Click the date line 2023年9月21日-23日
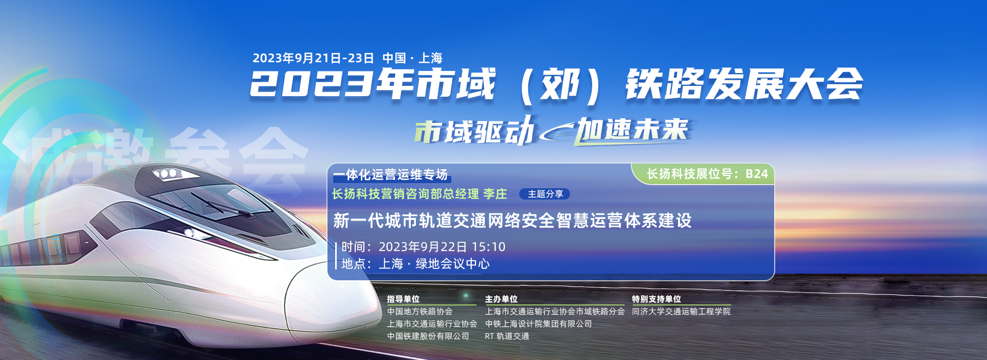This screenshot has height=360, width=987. click(x=313, y=58)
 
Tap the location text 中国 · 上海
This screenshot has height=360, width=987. click(x=412, y=58)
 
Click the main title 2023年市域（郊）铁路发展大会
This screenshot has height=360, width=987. click(x=556, y=85)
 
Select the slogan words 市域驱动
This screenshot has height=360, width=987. click(x=474, y=131)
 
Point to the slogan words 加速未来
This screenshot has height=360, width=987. click(x=632, y=129)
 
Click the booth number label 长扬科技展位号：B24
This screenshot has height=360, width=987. click(x=707, y=174)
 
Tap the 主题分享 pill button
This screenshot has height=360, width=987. click(x=545, y=194)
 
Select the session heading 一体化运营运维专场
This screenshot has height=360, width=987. click(x=390, y=175)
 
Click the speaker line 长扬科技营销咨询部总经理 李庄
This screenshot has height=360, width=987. click(x=419, y=194)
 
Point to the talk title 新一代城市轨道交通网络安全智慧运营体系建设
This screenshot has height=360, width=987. click(x=512, y=221)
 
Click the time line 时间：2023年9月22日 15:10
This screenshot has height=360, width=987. click(x=424, y=247)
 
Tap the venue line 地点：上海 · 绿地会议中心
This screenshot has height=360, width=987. click(x=415, y=264)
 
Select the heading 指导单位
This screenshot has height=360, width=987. click(x=403, y=299)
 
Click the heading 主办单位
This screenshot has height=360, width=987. click(x=501, y=299)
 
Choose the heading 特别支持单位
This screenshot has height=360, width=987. click(x=656, y=299)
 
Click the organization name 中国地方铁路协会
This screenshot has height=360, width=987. click(x=419, y=311)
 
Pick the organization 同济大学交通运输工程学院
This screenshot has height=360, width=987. click(x=681, y=311)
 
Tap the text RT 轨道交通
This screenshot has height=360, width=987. click(x=507, y=336)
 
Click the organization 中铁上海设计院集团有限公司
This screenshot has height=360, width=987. click(x=538, y=323)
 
